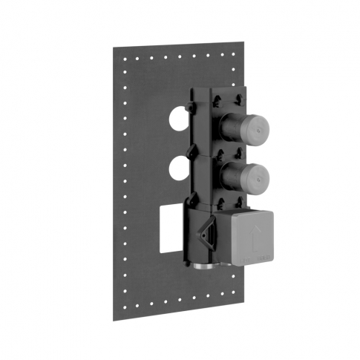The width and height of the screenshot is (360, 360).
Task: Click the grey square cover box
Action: tap(252, 236)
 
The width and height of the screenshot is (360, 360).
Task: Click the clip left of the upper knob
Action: tap(191, 108)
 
